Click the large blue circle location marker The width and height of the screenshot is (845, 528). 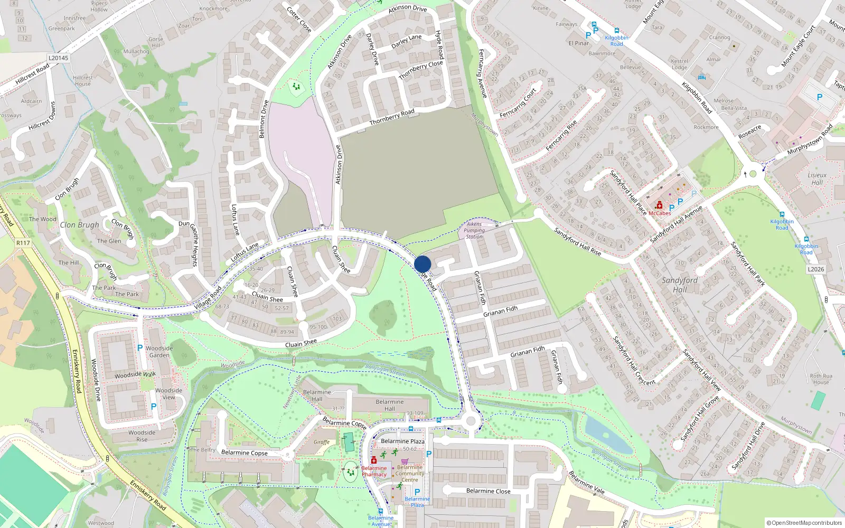pyautogui.click(x=422, y=264)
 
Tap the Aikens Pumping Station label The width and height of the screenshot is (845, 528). pyautogui.click(x=474, y=231)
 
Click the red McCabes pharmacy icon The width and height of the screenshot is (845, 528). pyautogui.click(x=659, y=205)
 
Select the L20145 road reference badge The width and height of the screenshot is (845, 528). pyautogui.click(x=58, y=58)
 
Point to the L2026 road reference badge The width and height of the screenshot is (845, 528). pyautogui.click(x=815, y=269)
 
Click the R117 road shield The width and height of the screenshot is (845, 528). pyautogui.click(x=23, y=243)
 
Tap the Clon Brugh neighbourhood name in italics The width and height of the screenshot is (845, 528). pyautogui.click(x=79, y=225)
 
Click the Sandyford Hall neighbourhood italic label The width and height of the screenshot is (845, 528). pyautogui.click(x=680, y=285)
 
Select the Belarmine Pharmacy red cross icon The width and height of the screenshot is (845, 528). pyautogui.click(x=374, y=460)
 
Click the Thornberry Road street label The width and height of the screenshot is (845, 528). pyautogui.click(x=392, y=117)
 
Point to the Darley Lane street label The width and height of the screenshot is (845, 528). pyautogui.click(x=406, y=41)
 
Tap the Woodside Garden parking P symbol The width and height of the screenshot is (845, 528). pyautogui.click(x=140, y=348)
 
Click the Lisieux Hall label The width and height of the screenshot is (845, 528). pyautogui.click(x=817, y=178)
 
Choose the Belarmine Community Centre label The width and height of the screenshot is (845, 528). pyautogui.click(x=410, y=474)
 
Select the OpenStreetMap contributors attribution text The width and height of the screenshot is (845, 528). pyautogui.click(x=804, y=523)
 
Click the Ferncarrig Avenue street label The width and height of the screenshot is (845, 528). pyautogui.click(x=482, y=73)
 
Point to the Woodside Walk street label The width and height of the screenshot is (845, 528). pyautogui.click(x=135, y=375)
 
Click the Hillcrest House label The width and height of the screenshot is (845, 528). pyautogui.click(x=83, y=81)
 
